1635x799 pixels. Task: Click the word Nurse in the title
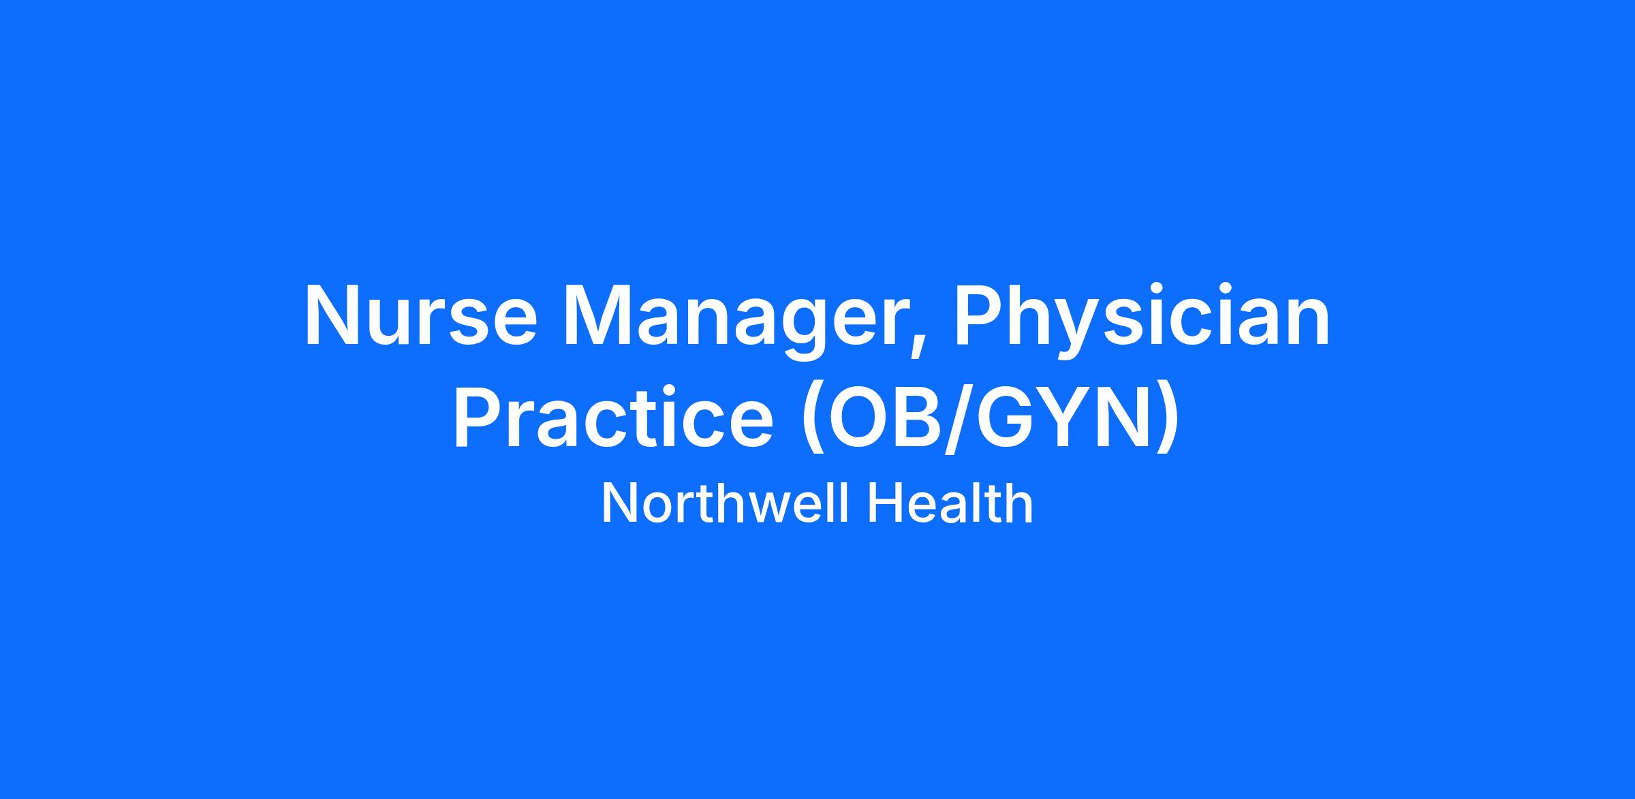pos(421,315)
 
